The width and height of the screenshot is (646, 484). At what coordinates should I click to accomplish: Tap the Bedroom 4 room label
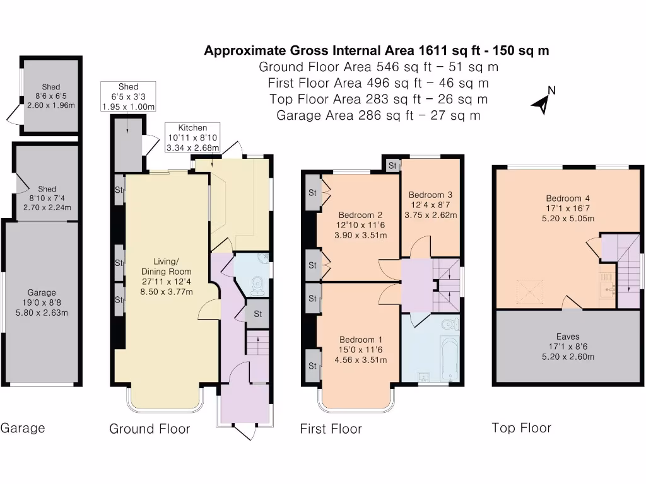[x=568, y=208]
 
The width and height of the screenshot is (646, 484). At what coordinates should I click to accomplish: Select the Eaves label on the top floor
[x=568, y=347]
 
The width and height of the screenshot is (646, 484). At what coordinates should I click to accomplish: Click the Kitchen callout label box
[x=192, y=137]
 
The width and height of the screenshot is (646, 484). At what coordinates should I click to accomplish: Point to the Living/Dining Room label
[x=167, y=277]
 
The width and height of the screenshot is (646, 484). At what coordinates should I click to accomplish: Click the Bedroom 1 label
[x=360, y=350]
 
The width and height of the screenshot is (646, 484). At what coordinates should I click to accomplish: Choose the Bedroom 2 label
[x=360, y=225]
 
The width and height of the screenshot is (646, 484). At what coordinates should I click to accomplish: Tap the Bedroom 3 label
[x=430, y=205]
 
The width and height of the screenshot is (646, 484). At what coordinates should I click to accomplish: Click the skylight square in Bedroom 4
[x=530, y=291]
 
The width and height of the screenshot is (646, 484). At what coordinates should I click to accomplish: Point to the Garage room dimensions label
[x=42, y=302]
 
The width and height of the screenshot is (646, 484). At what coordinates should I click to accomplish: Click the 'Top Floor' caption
[x=521, y=428]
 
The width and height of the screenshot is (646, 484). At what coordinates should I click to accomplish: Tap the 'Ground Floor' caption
[x=150, y=429]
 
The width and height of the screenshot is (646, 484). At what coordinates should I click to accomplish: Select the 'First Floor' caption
[x=331, y=429]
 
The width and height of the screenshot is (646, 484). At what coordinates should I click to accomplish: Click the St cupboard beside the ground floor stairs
[x=257, y=314]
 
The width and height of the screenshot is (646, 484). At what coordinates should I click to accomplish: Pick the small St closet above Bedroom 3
[x=392, y=166]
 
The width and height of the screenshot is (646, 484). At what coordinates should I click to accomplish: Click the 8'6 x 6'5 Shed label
[x=51, y=96]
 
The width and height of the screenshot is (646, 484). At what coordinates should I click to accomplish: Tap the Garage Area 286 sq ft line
[x=379, y=115]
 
